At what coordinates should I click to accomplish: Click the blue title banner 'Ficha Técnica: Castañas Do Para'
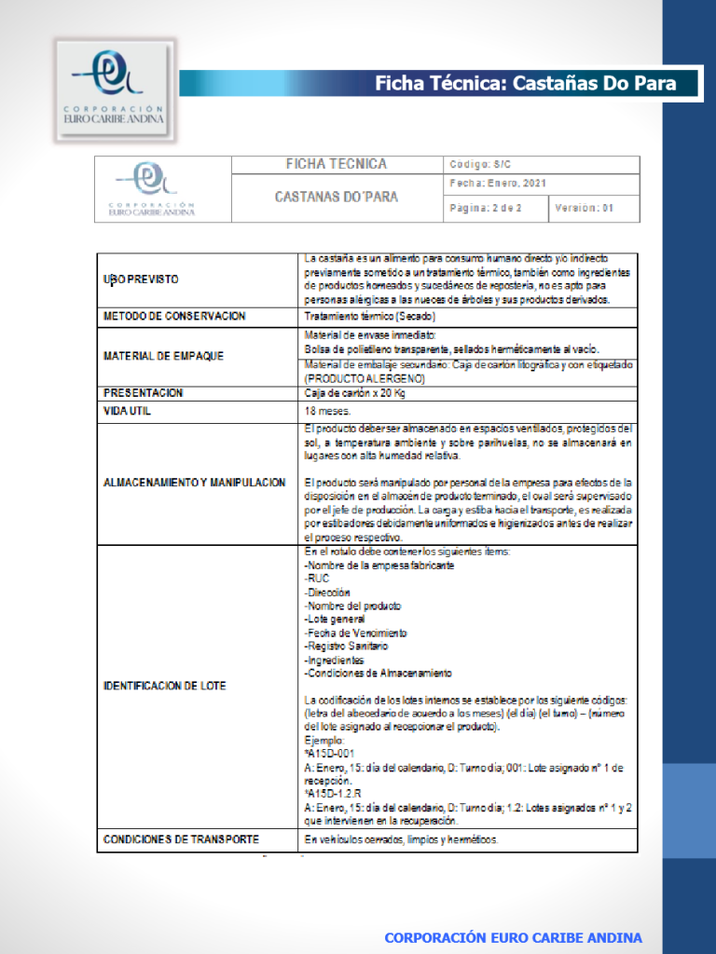pyautogui.click(x=524, y=84)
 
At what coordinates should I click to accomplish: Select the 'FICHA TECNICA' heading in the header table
pyautogui.click(x=336, y=165)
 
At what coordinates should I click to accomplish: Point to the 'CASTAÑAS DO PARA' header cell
pyautogui.click(x=336, y=197)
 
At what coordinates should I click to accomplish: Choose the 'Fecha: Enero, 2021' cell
pyautogui.click(x=498, y=184)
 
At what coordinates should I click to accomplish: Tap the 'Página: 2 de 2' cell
pyautogui.click(x=486, y=209)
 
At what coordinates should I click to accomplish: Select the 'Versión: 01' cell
pyautogui.click(x=585, y=209)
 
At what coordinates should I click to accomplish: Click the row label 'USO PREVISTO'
pyautogui.click(x=141, y=279)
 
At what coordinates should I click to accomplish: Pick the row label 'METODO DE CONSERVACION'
pyautogui.click(x=174, y=317)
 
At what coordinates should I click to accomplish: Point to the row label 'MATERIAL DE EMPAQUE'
pyautogui.click(x=163, y=356)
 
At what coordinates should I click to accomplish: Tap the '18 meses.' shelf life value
pyautogui.click(x=327, y=411)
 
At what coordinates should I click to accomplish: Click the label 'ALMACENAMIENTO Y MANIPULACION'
pyautogui.click(x=194, y=483)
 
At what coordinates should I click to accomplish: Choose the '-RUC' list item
pyautogui.click(x=317, y=579)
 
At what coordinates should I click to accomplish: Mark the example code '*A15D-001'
pyautogui.click(x=329, y=754)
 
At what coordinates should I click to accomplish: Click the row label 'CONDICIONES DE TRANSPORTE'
pyautogui.click(x=181, y=839)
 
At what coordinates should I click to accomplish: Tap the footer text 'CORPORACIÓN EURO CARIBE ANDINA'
pyautogui.click(x=514, y=937)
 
